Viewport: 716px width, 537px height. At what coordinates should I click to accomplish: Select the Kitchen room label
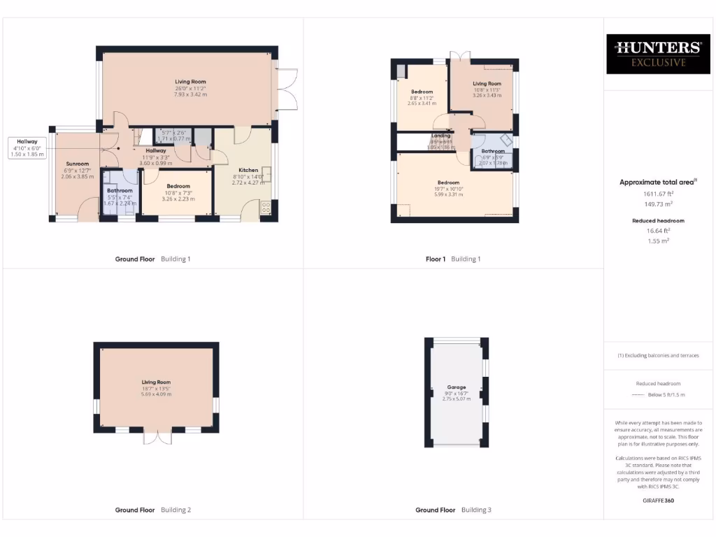tap(248, 170)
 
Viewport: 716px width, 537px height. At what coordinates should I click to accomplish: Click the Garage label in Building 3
tap(457, 387)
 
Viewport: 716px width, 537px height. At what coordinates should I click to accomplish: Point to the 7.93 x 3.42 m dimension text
tap(190, 94)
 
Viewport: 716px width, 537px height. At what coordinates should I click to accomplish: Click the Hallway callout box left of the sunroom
tap(27, 148)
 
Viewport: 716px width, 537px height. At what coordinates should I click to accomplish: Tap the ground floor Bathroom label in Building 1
tap(120, 190)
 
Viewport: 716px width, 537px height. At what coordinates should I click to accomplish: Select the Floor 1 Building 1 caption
tap(453, 259)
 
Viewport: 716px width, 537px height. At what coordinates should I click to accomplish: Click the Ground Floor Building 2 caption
tap(152, 510)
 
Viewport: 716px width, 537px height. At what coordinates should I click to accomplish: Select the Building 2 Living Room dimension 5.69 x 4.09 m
tap(156, 394)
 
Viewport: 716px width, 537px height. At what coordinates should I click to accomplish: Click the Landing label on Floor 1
tap(441, 136)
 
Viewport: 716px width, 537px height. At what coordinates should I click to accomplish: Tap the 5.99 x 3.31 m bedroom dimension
tap(448, 194)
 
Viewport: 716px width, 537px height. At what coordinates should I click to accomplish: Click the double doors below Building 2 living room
tap(157, 437)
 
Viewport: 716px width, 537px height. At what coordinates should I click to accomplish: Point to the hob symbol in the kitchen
tap(266, 207)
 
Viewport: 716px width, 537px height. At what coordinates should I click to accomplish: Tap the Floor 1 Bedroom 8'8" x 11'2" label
tap(422, 92)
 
